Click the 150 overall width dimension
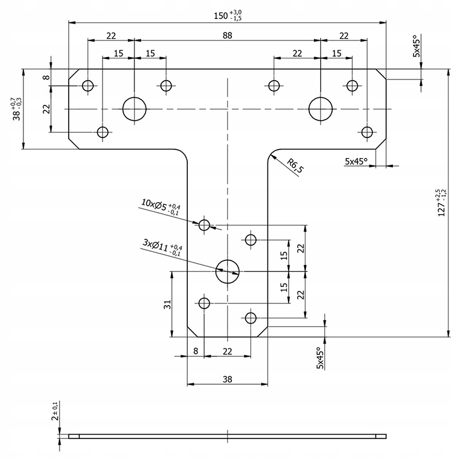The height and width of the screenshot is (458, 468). pos(227,15)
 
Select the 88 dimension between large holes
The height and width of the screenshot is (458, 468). pos(227,35)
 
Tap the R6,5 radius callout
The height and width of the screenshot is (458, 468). pos(295,165)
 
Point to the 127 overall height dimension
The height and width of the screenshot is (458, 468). pos(442,203)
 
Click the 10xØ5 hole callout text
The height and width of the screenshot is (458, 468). pos(160,207)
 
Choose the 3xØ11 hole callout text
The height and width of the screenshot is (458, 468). pos(162,248)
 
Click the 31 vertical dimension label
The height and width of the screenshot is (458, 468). pos(167,305)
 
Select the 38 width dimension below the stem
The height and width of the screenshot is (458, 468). pos(227,379)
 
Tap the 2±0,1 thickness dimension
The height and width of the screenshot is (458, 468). pos(55,410)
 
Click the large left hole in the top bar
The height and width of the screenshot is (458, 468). pos(134,109)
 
